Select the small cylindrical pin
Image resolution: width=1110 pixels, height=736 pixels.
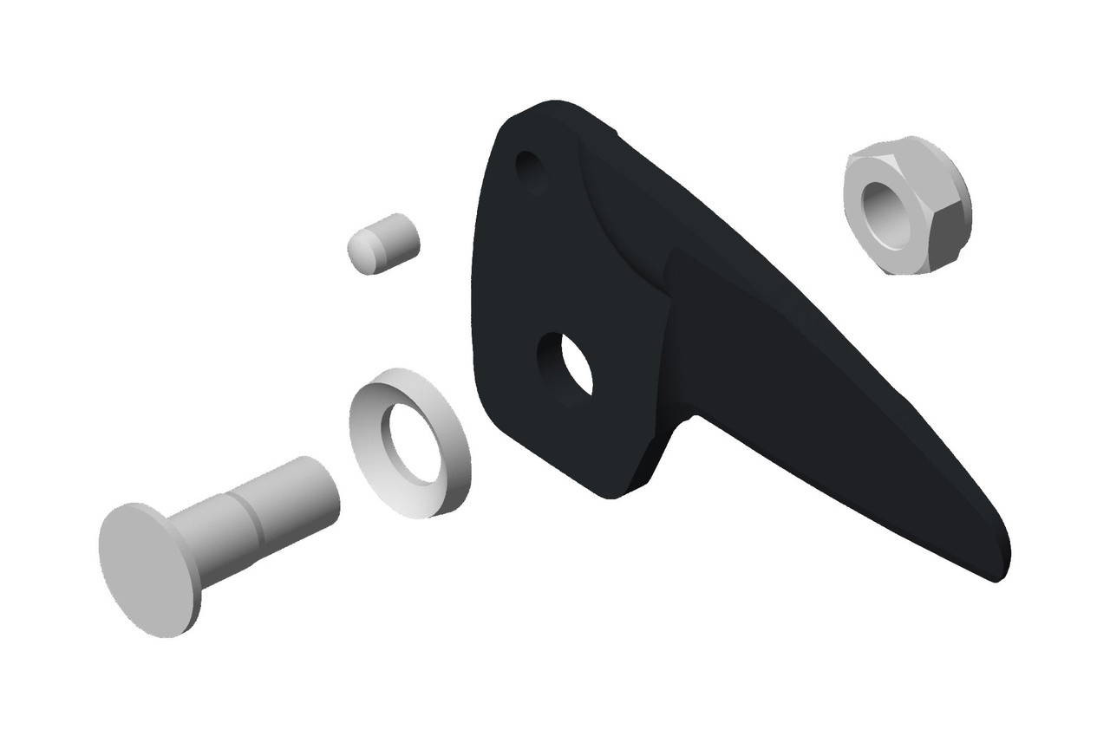tap(384, 243)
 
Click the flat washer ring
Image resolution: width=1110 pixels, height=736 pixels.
tap(408, 442)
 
